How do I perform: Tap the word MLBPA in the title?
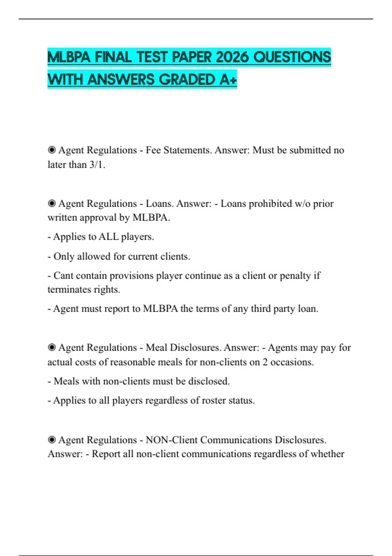coord(69,57)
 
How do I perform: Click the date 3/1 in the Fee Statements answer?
coord(97,165)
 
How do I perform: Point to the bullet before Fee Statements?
coord(52,150)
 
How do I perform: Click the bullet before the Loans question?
coord(52,203)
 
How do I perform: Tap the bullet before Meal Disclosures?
coord(52,347)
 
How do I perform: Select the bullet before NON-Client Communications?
coord(52,440)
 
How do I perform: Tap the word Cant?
coord(64,275)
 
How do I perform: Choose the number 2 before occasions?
coord(265,362)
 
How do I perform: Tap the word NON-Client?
coord(171,440)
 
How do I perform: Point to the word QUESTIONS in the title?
coord(292,57)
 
